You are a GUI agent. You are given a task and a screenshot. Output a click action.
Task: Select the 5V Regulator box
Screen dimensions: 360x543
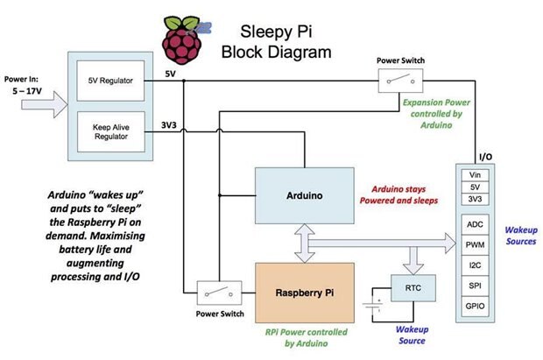[x=110, y=81]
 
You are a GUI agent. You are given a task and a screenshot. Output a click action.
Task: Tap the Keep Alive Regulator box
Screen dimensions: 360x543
[x=110, y=131]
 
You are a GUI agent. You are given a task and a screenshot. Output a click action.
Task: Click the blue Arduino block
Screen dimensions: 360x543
[x=303, y=195]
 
